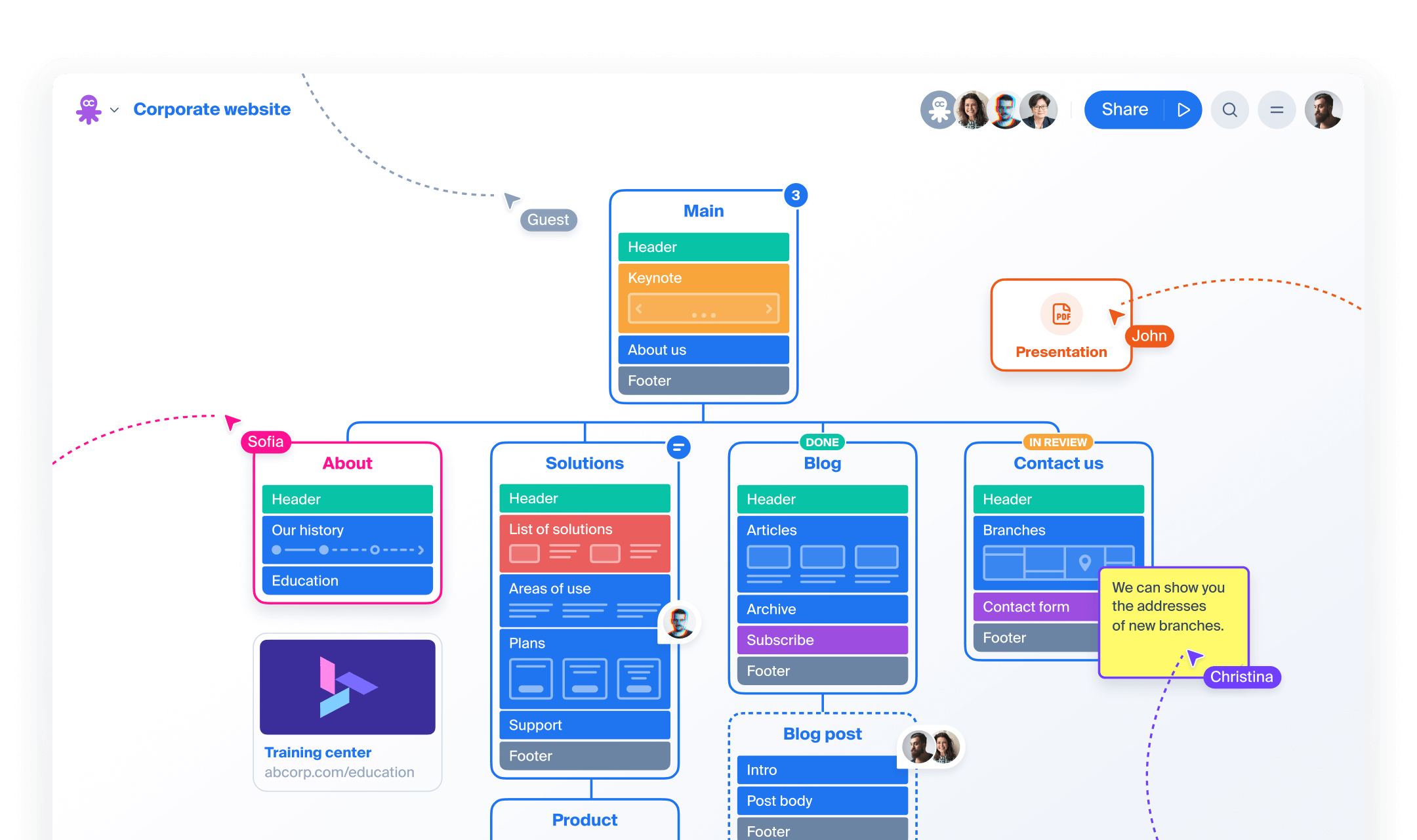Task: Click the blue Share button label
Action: pyautogui.click(x=1124, y=110)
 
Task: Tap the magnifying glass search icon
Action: pyautogui.click(x=1230, y=110)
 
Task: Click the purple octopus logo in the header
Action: pyautogui.click(x=89, y=109)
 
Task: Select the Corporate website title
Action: pyautogui.click(x=212, y=109)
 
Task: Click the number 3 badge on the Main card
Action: pyautogui.click(x=795, y=195)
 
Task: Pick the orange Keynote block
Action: pyautogui.click(x=703, y=278)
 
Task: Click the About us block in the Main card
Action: pyautogui.click(x=703, y=350)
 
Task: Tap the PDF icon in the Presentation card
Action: pyautogui.click(x=1061, y=314)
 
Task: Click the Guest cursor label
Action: pyautogui.click(x=548, y=220)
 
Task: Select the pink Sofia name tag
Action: pyautogui.click(x=266, y=442)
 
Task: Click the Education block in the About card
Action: pyautogui.click(x=347, y=581)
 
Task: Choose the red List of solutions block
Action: pyautogui.click(x=585, y=530)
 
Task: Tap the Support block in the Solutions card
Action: pyautogui.click(x=585, y=725)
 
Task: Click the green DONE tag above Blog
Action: pyautogui.click(x=822, y=442)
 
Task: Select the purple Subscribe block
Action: pyautogui.click(x=822, y=640)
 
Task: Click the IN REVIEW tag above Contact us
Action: pyautogui.click(x=1058, y=442)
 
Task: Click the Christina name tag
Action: pyautogui.click(x=1241, y=677)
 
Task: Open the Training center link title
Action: pyautogui.click(x=318, y=753)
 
